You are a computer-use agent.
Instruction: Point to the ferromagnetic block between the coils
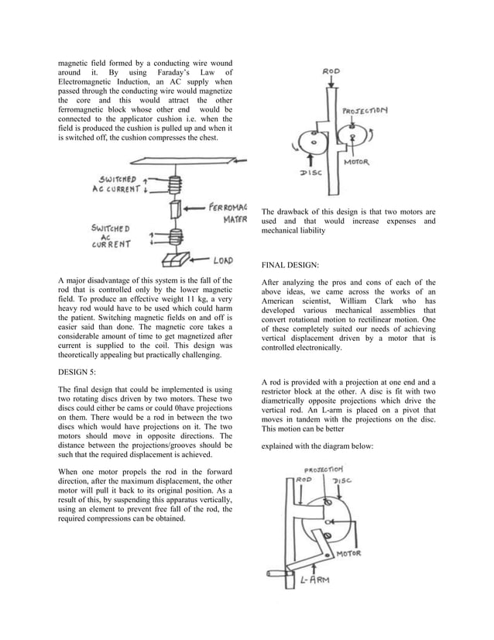175,209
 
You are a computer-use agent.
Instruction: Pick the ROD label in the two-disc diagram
331,72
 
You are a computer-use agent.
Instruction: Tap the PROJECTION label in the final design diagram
324,470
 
